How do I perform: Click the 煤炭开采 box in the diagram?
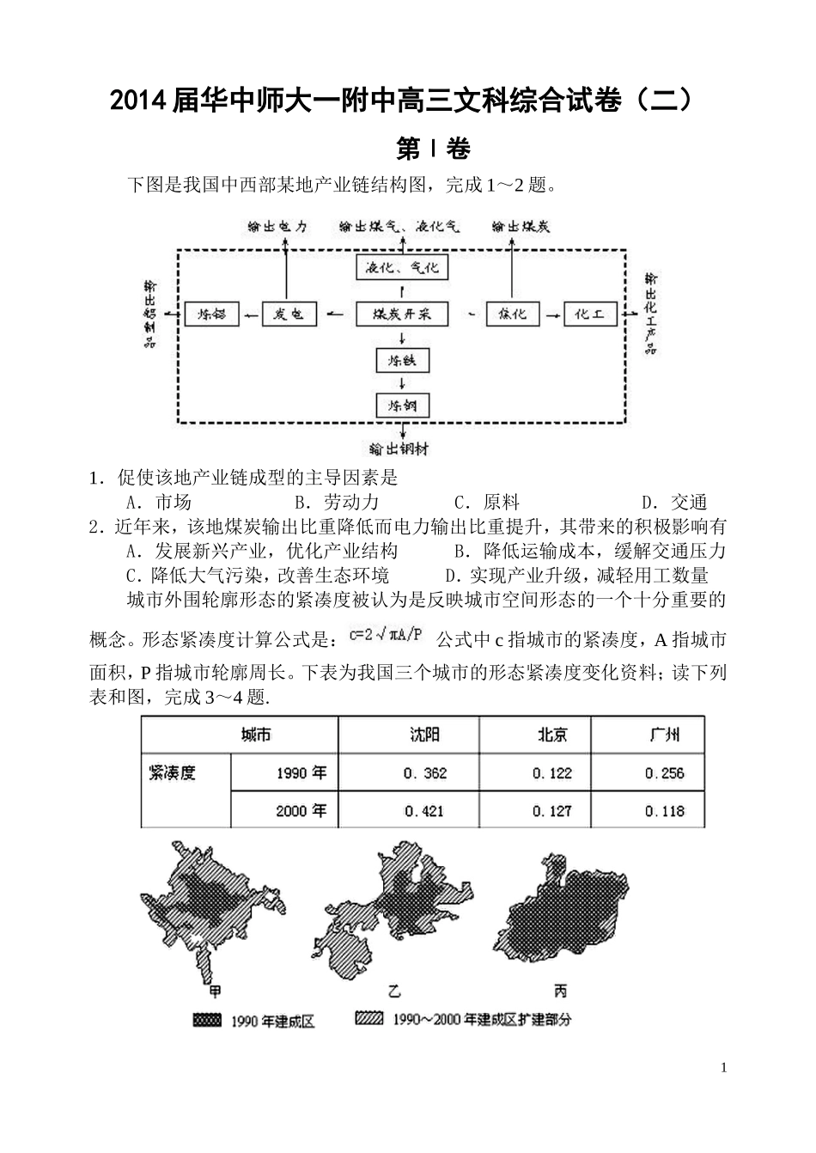[403, 314]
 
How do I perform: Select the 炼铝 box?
[211, 314]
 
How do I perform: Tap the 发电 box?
[289, 314]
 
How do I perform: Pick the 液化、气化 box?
[402, 267]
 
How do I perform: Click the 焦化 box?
[513, 314]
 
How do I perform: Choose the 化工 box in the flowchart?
[590, 314]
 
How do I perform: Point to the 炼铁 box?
[403, 360]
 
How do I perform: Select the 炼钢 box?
[403, 405]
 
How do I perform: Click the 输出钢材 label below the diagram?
[399, 448]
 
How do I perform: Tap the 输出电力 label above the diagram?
[277, 227]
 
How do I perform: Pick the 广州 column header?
[664, 735]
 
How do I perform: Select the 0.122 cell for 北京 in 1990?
[551, 773]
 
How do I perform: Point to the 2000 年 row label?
[301, 810]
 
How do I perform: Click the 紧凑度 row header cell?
[173, 772]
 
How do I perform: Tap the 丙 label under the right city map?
[560, 991]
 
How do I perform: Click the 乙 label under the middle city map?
[394, 991]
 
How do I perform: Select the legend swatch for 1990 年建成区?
[207, 1020]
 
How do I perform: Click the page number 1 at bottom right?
[724, 1068]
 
